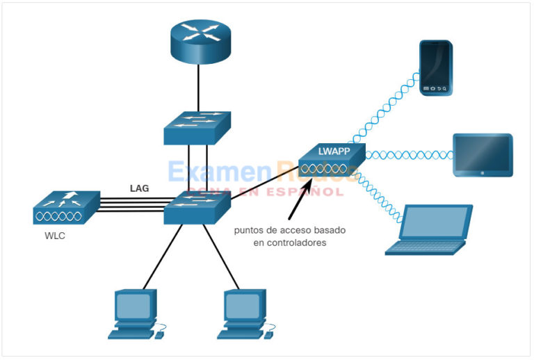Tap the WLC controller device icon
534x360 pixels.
click(63, 207)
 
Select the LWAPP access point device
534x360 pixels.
click(330, 161)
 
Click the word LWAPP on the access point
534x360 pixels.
click(333, 151)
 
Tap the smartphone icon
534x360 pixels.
click(437, 68)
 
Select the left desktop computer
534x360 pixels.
click(136, 313)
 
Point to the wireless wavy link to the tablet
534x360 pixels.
click(407, 155)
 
